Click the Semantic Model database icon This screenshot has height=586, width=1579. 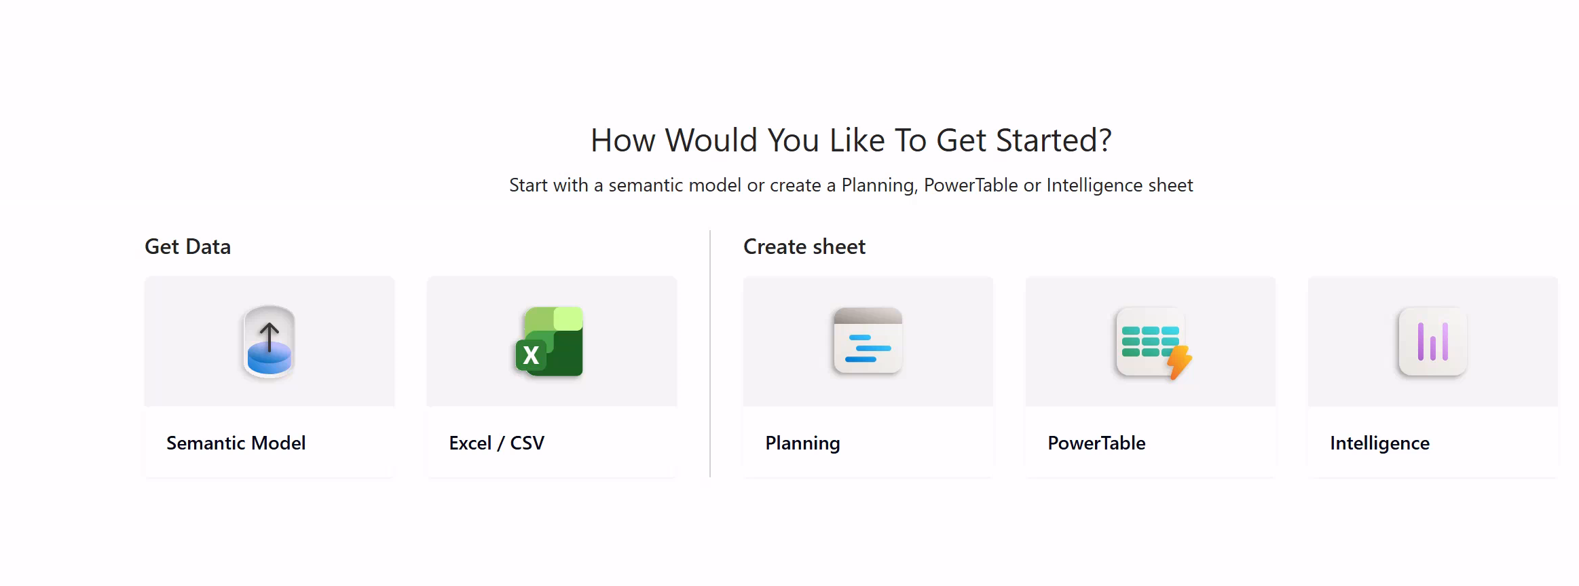point(270,341)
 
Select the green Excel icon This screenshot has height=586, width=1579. point(549,341)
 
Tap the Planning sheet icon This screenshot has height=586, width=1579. point(868,340)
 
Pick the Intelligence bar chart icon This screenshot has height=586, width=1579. point(1433,341)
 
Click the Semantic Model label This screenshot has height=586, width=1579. point(236,443)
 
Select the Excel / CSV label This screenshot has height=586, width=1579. point(497,443)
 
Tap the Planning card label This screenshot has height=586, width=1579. point(802,443)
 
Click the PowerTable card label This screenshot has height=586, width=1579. point(1096,443)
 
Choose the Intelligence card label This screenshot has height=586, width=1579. point(1379,443)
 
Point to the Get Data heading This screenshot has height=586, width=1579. point(187,246)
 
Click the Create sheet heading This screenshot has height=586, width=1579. point(804,246)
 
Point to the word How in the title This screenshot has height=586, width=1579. point(623,141)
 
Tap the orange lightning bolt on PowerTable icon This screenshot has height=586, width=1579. point(1180,363)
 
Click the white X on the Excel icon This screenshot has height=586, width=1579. point(531,355)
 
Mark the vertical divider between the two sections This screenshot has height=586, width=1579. point(710,353)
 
